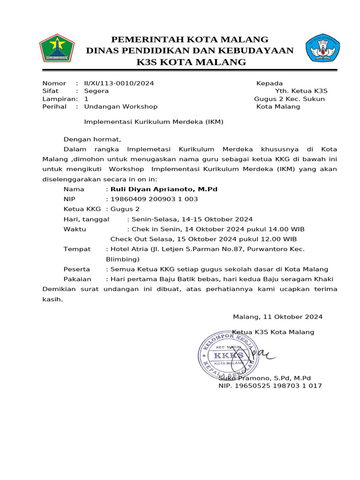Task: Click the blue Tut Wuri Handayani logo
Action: [x=322, y=48]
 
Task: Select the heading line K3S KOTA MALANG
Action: [x=191, y=62]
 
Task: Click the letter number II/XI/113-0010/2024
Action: [x=119, y=83]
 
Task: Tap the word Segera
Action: [x=96, y=91]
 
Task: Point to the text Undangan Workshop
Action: [x=120, y=106]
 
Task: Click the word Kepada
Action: [x=269, y=83]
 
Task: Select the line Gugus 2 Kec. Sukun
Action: [x=289, y=99]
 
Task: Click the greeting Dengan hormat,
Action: [x=92, y=139]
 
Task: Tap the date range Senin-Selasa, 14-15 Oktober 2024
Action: [x=192, y=219]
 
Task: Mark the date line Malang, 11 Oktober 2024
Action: [x=277, y=317]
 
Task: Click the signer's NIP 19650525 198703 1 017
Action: [x=270, y=386]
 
